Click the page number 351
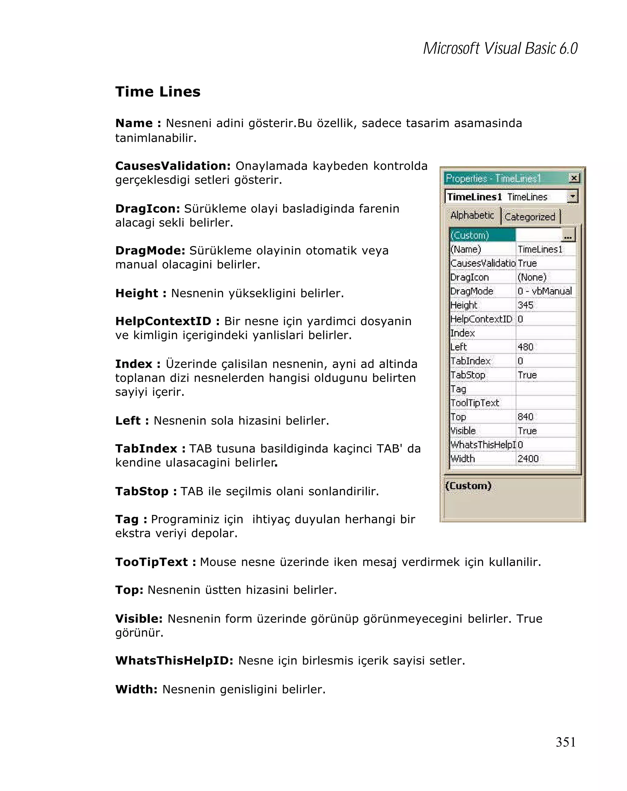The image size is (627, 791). point(565,742)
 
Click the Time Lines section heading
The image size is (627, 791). point(158,92)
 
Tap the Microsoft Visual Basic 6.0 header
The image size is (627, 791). point(500,48)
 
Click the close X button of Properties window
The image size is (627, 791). point(574,178)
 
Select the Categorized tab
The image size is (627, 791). point(529,217)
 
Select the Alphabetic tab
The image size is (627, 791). point(472,216)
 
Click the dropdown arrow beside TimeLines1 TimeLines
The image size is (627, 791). point(572,197)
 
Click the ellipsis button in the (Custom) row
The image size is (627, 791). point(568,235)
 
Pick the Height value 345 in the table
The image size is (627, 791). point(525,305)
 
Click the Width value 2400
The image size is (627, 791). point(528,459)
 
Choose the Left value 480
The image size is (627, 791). point(525,347)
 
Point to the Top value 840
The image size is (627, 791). point(525,417)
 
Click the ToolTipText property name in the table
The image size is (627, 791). point(475,403)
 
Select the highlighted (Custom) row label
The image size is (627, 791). point(470,235)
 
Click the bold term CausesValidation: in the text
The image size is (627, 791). point(172,166)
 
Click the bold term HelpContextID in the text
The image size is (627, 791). point(163,321)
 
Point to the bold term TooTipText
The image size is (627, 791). point(151,562)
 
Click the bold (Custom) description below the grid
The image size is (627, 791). point(468,486)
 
